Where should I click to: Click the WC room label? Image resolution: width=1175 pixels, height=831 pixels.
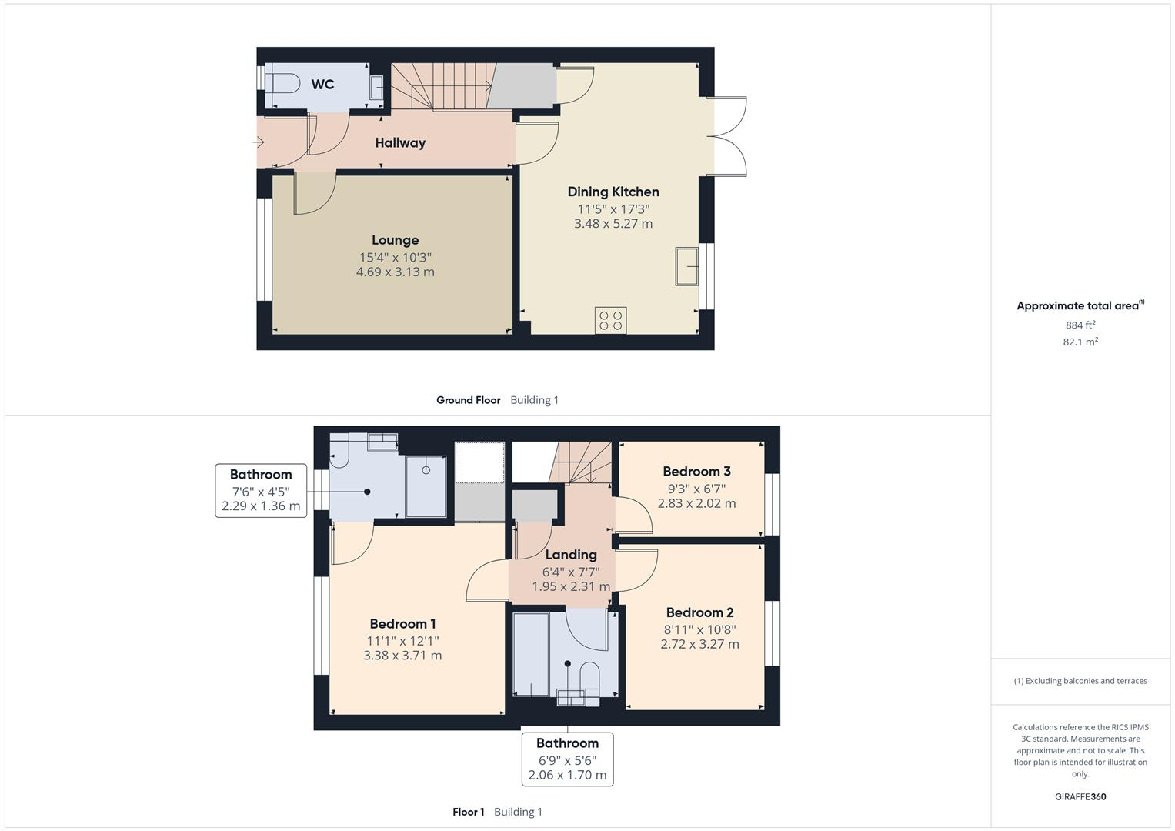click(322, 85)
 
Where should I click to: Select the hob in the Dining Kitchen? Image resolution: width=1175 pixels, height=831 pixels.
click(610, 320)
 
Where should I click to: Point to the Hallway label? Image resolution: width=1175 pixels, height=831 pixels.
click(400, 142)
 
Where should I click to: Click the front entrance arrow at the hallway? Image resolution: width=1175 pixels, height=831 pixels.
click(259, 142)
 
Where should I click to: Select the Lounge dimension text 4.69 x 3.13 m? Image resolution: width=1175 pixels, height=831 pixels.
click(395, 272)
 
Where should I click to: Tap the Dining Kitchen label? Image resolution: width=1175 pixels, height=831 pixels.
click(613, 192)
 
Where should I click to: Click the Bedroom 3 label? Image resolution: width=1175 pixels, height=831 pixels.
click(696, 471)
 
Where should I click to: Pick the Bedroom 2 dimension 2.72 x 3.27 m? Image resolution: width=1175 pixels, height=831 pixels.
click(699, 644)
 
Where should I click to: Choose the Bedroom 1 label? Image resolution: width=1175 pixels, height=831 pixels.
click(402, 623)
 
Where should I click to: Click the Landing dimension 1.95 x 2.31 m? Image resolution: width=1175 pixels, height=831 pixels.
click(571, 586)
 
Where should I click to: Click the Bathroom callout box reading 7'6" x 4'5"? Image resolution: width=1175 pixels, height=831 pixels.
click(261, 490)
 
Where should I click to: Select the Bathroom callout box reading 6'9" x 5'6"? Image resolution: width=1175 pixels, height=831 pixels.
click(567, 759)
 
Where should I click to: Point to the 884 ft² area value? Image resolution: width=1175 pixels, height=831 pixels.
click(1080, 325)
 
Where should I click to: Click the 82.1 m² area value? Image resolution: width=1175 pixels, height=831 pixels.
click(1080, 342)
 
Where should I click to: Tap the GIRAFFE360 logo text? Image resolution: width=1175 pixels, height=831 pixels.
click(1080, 796)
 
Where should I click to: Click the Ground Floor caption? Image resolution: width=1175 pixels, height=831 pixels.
click(468, 400)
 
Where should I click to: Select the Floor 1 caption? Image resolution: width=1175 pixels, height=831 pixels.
click(469, 812)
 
